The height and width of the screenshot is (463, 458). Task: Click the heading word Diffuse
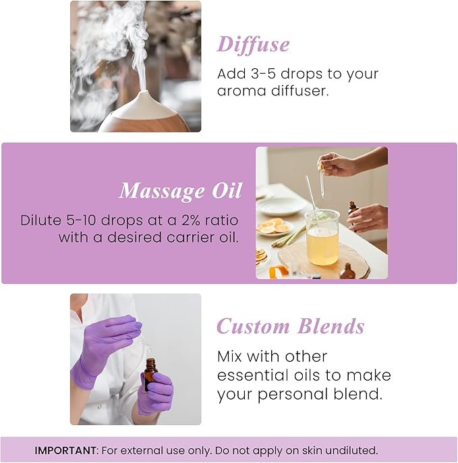click(253, 45)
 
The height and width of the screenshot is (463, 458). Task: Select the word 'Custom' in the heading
click(252, 327)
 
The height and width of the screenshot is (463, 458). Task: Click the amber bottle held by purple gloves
click(150, 374)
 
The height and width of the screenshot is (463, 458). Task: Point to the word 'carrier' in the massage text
click(186, 237)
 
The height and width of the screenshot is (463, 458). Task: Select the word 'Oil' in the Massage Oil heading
click(226, 191)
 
